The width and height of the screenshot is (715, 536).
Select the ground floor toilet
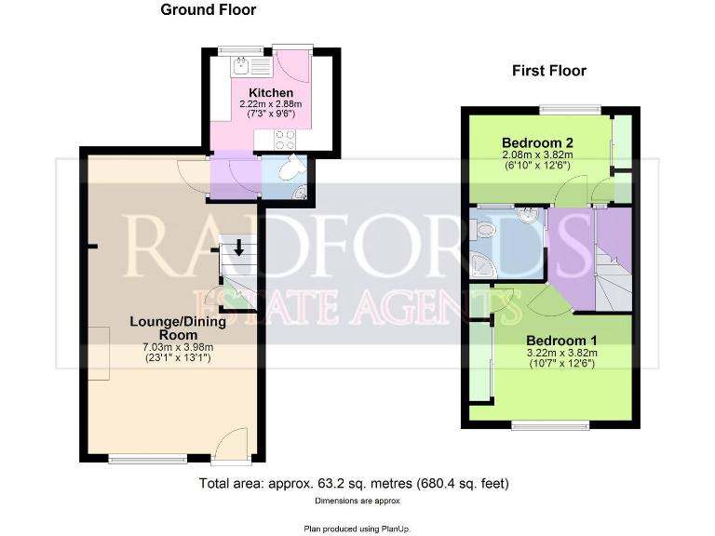pyautogui.click(x=290, y=168)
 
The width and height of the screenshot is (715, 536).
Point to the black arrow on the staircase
pyautogui.click(x=238, y=248)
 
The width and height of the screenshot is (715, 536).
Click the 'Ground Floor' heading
pyautogui.click(x=209, y=10)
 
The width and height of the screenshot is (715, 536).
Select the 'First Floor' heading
pyautogui.click(x=549, y=71)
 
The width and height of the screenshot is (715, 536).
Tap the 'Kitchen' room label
pyautogui.click(x=271, y=93)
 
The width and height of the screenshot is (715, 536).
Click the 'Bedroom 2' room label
pyautogui.click(x=536, y=142)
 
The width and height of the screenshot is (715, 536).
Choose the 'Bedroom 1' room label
pyautogui.click(x=562, y=340)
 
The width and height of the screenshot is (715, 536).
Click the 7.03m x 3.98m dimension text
pyautogui.click(x=178, y=347)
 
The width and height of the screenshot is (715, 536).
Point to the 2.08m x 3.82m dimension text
pyautogui.click(x=536, y=154)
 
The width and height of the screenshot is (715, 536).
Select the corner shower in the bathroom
pyautogui.click(x=487, y=265)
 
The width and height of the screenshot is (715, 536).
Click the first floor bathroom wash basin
pyautogui.click(x=528, y=215)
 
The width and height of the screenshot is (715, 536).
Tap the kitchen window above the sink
pyautogui.click(x=240, y=48)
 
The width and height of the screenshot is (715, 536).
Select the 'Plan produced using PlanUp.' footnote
pyautogui.click(x=357, y=528)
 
